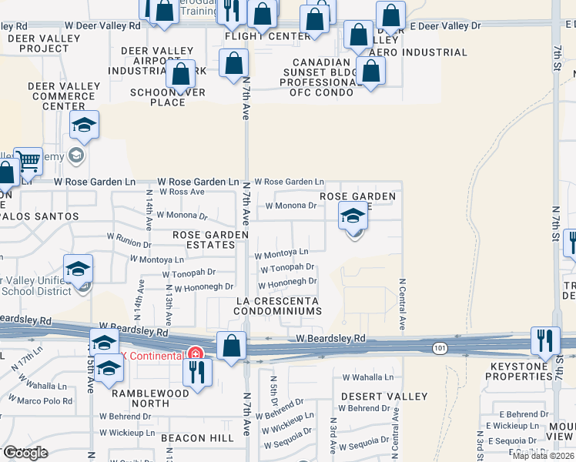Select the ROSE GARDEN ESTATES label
pyautogui.click(x=210, y=239)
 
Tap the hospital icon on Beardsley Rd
pyautogui.click(x=196, y=355)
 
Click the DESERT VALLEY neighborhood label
pyautogui.click(x=383, y=397)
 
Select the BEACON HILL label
pyautogui.click(x=197, y=437)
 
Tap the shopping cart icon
pyautogui.click(x=28, y=161)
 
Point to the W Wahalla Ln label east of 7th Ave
pyautogui.click(x=367, y=377)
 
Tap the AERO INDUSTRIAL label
pyautogui.click(x=419, y=52)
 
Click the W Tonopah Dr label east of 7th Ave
pyautogui.click(x=286, y=269)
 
